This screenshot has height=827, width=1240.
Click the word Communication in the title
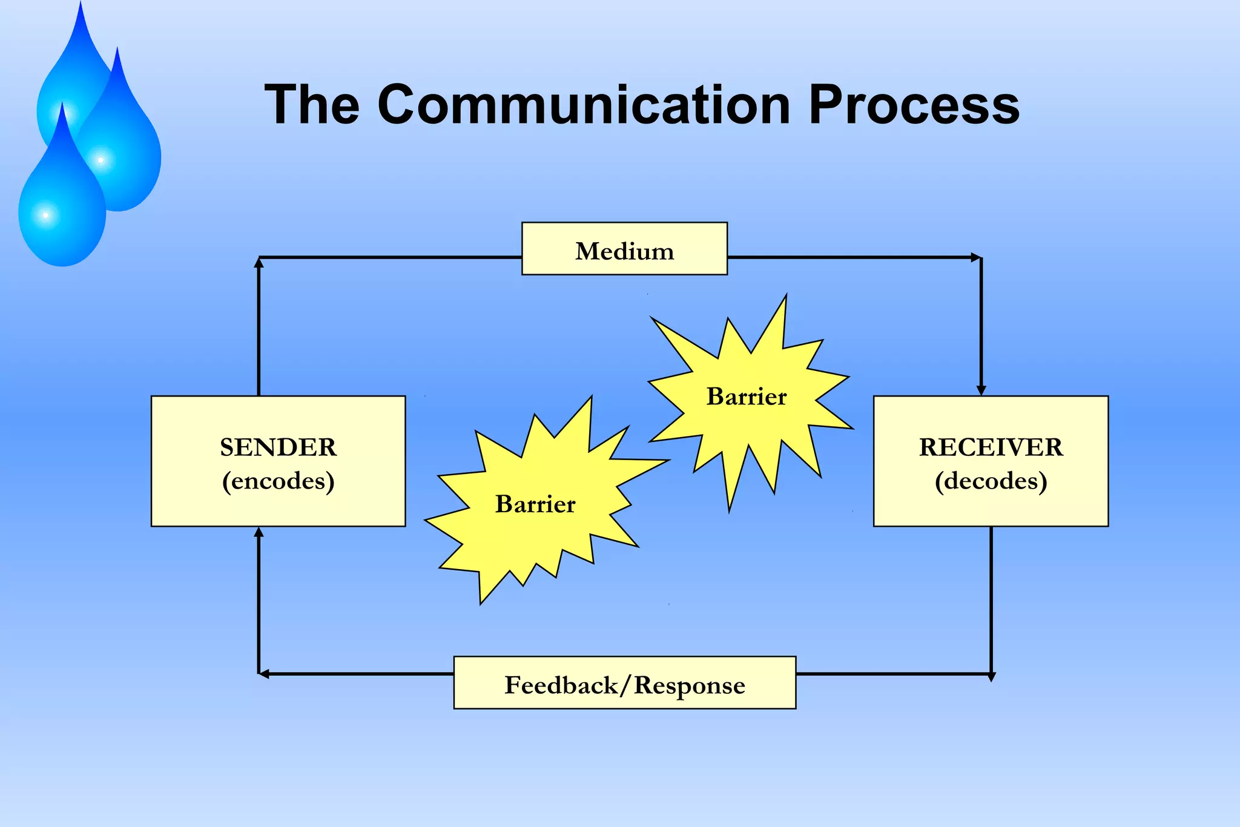point(584,105)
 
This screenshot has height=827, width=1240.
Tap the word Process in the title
point(914,105)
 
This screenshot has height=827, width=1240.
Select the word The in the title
point(312,105)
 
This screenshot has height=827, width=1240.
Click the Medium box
point(624,249)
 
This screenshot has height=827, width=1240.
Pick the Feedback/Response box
point(624,683)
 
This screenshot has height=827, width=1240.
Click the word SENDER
point(278,447)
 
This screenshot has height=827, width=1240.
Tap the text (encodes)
point(278,481)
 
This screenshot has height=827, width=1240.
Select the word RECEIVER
point(991,447)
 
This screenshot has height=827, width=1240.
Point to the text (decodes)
point(991,481)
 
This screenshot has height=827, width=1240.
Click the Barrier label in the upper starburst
point(747,397)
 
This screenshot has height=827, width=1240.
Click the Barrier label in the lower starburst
point(535,504)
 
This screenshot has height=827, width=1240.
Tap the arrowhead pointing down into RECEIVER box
point(981,390)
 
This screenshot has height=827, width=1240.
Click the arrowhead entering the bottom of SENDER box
point(259,532)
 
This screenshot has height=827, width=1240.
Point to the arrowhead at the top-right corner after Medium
point(975,257)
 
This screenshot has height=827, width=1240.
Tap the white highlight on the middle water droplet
point(101,160)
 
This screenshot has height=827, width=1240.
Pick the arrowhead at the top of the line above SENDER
point(259,262)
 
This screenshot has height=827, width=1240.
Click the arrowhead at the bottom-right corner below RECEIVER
point(991,677)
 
